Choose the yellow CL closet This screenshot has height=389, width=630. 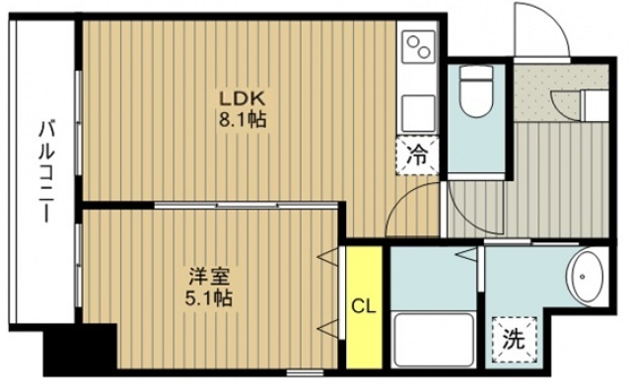363,306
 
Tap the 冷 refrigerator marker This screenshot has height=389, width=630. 417,155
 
